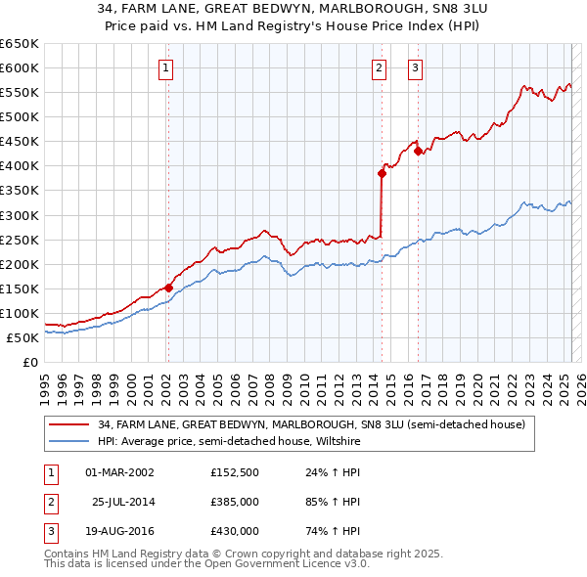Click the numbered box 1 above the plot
[166, 68]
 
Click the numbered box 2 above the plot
[379, 68]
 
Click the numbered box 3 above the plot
[416, 68]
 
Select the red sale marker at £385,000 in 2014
[382, 173]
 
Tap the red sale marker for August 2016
[418, 151]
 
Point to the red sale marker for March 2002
[168, 288]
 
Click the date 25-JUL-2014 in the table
[122, 502]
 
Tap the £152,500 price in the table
[234, 472]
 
